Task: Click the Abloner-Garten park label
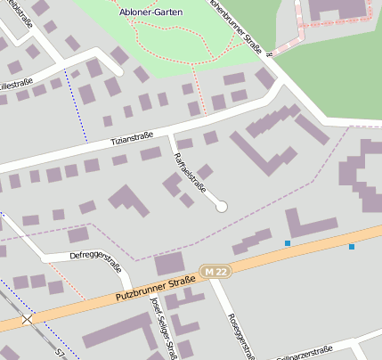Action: [x=146, y=12]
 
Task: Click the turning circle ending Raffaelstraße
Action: [x=222, y=207]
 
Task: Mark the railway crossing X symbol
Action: [x=28, y=318]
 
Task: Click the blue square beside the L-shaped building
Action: [x=287, y=242]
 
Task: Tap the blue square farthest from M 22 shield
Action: [x=352, y=246]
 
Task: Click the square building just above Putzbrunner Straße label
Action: [x=168, y=264]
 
